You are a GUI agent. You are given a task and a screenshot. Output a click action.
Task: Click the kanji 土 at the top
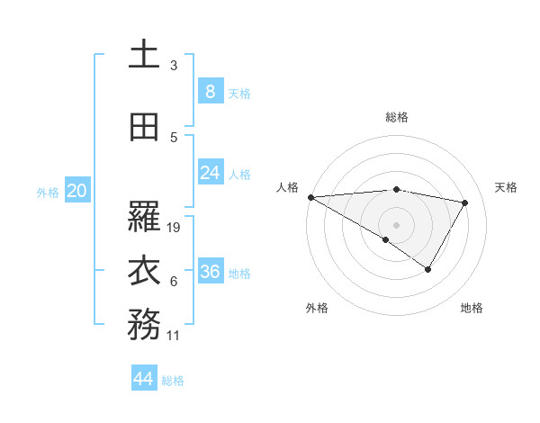[144, 54]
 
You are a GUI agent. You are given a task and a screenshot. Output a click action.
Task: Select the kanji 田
[144, 127]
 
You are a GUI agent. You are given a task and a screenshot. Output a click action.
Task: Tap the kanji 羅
[144, 217]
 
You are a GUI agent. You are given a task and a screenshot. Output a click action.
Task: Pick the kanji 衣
[144, 271]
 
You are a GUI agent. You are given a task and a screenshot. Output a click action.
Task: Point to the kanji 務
[144, 325]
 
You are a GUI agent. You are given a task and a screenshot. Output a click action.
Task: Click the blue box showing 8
[210, 91]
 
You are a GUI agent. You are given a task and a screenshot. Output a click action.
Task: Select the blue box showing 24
[210, 173]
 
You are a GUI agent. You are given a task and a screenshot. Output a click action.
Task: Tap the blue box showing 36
[210, 272]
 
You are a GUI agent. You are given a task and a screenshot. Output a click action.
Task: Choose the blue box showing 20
[76, 191]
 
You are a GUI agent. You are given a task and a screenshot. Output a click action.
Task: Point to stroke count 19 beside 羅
[175, 228]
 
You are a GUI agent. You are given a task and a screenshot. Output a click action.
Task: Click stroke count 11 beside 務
[174, 336]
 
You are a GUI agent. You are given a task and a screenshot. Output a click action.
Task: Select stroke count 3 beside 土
[174, 66]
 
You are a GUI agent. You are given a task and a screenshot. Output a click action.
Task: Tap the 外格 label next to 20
[48, 192]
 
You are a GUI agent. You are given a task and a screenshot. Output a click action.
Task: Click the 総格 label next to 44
[173, 381]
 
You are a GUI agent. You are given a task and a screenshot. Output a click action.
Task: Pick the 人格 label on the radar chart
[287, 187]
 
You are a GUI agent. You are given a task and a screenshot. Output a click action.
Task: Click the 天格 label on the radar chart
[506, 187]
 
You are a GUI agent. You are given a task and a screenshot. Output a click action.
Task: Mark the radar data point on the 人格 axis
[310, 197]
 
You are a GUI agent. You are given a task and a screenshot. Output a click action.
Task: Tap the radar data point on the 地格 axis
[428, 269]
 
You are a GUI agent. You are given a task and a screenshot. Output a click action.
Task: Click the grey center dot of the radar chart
[396, 224]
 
